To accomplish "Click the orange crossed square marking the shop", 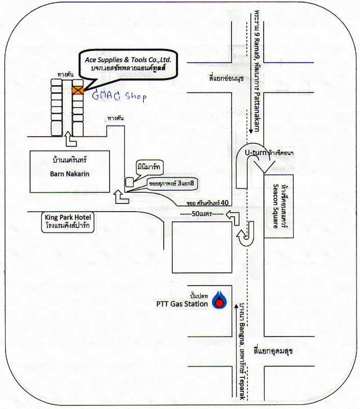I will tap(78, 91).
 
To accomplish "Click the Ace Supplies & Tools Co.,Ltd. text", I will tap(131, 60).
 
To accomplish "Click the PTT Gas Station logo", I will tap(219, 301).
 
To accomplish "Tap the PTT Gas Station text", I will tap(182, 304).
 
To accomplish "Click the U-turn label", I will tap(255, 152).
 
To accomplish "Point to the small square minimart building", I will tap(130, 181).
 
